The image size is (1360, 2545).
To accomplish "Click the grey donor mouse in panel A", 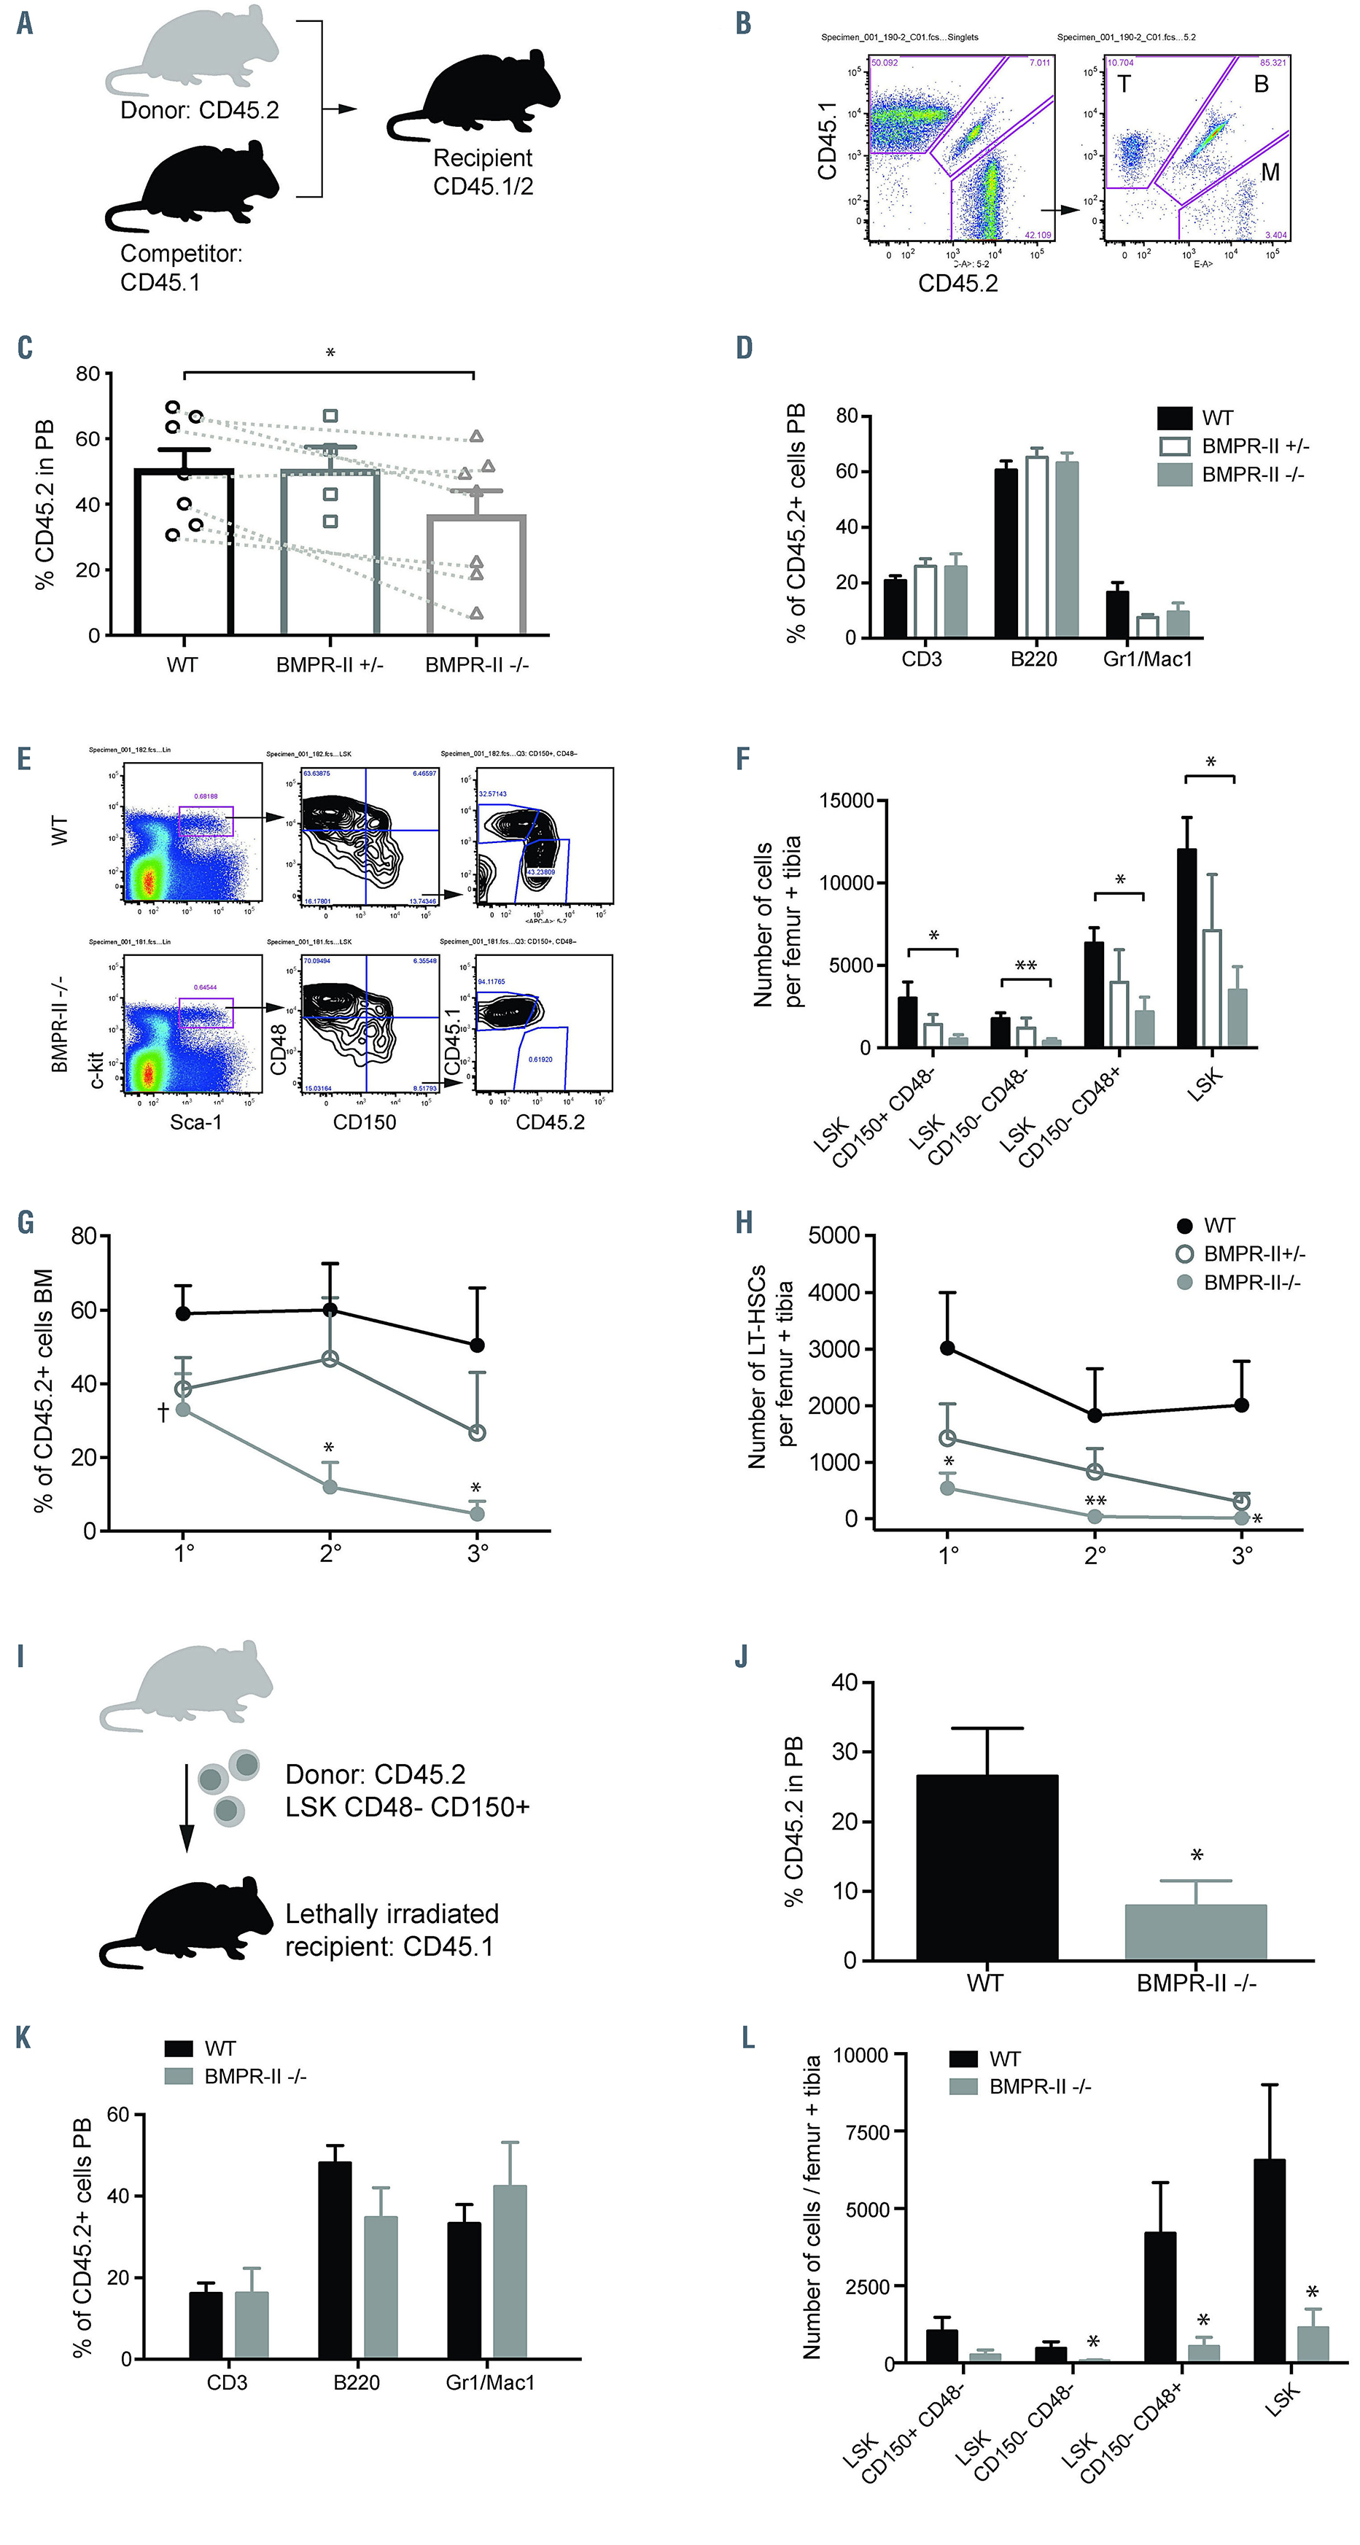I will click(198, 55).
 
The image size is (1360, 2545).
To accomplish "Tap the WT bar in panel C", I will click(184, 553).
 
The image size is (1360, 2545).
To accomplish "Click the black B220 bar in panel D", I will click(1006, 553).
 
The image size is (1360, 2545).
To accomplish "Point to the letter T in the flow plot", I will click(1123, 84).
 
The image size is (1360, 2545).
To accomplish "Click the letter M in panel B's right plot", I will click(1270, 172).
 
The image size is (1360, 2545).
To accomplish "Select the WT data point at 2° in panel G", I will click(330, 1310).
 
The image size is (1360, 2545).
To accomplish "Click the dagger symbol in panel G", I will click(163, 1412).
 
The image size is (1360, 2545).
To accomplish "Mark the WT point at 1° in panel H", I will click(947, 1348).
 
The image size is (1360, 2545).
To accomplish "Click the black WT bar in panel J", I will click(986, 1868).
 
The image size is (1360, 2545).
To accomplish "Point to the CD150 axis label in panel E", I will click(365, 1122).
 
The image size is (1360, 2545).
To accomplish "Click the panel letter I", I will click(20, 1657).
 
